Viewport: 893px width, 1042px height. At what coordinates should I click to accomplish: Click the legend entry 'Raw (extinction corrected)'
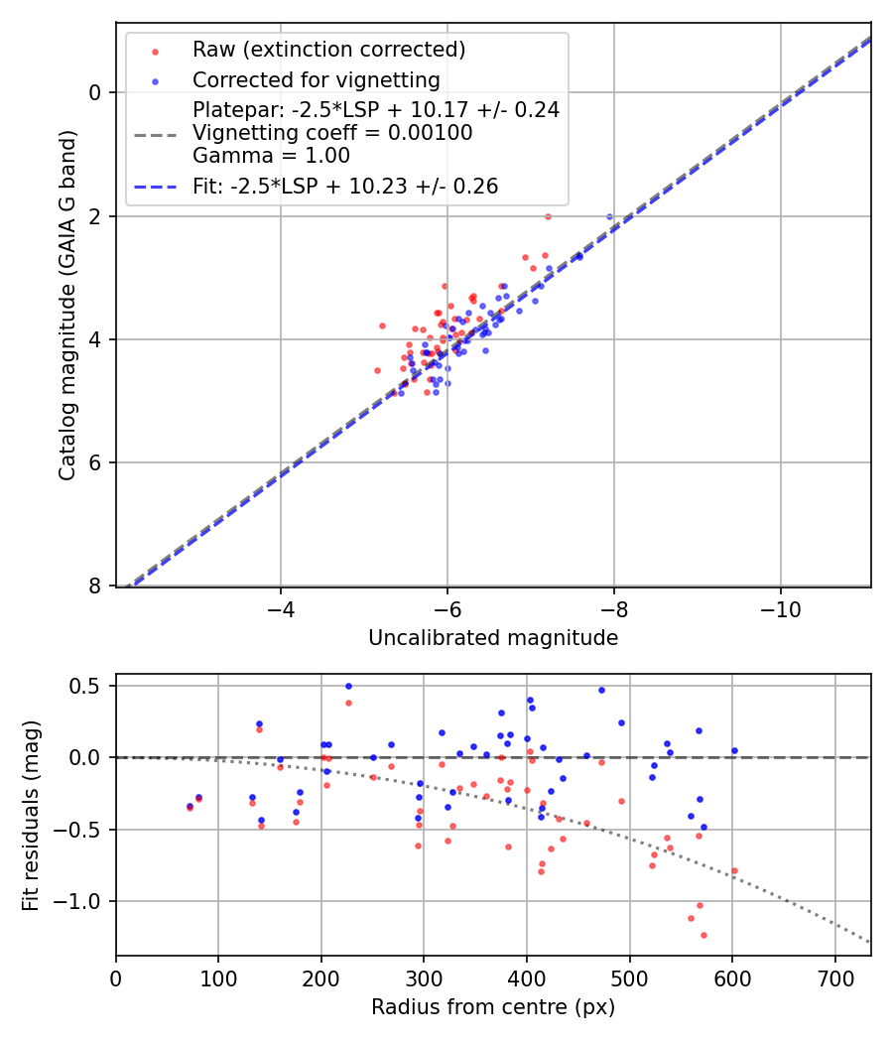pos(328,50)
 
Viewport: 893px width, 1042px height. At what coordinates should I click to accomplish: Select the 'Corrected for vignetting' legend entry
pos(316,79)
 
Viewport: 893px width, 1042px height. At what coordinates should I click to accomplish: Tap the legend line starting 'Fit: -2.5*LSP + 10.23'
pos(345,186)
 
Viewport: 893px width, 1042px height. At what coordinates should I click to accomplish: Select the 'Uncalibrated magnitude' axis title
pos(493,638)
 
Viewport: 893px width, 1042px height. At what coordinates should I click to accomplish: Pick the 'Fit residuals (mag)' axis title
pos(30,815)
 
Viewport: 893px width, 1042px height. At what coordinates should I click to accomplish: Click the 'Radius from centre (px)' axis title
pos(493,1007)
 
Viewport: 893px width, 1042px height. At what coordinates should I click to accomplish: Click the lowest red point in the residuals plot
pos(703,935)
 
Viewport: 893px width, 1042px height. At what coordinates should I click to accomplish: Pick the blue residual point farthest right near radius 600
pos(734,750)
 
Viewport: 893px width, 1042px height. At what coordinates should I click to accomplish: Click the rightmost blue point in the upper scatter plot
pos(610,216)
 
